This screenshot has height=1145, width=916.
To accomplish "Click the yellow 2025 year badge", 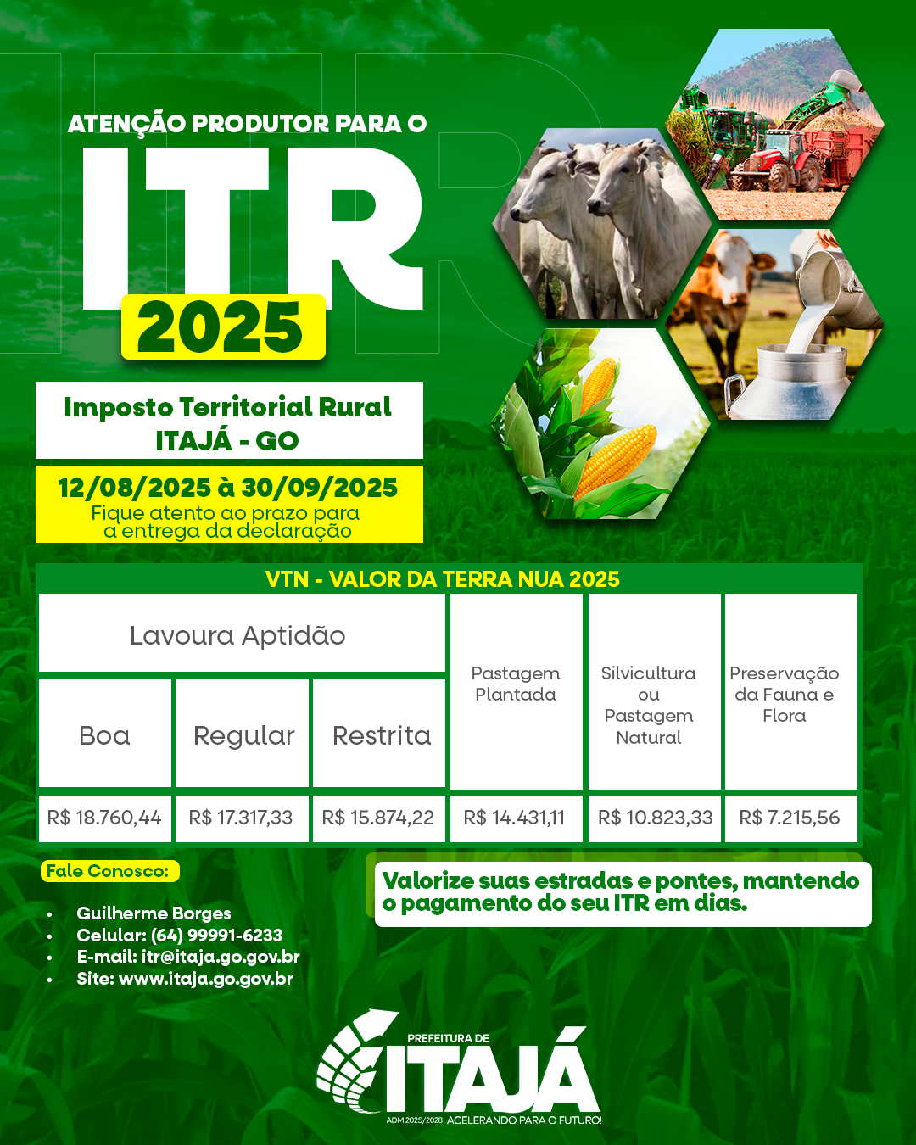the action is [x=223, y=327].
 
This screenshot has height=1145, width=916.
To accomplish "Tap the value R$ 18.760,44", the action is [x=104, y=818].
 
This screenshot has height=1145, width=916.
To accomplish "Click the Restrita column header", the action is [x=382, y=736].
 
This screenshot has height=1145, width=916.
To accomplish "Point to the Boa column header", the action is [x=104, y=736].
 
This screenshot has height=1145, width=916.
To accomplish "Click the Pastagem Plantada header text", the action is [x=516, y=684].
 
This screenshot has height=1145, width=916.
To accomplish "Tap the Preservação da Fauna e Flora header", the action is [x=785, y=695].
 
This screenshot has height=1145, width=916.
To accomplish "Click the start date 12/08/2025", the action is [x=134, y=488].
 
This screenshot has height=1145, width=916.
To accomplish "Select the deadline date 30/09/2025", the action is [x=320, y=488].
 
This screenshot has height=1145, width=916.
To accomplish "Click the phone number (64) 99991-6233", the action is [x=216, y=936].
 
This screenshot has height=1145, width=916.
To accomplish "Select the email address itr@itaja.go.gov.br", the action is [x=221, y=958].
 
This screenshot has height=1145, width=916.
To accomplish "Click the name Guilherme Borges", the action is [x=154, y=913].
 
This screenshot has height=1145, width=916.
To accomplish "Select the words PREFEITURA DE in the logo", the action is [x=448, y=1038].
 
